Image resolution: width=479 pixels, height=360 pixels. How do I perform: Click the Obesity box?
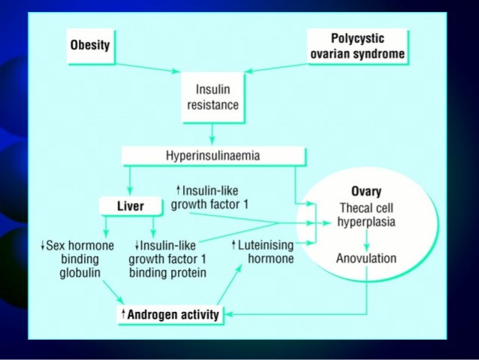90,44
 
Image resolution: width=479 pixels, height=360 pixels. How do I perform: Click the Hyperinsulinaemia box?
212,156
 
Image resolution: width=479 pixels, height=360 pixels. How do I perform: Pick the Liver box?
131,205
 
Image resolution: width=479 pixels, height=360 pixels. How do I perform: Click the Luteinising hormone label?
266,252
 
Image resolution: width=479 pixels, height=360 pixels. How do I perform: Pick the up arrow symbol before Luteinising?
234,245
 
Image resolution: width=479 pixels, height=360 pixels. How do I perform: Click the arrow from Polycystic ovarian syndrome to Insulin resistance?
278,65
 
